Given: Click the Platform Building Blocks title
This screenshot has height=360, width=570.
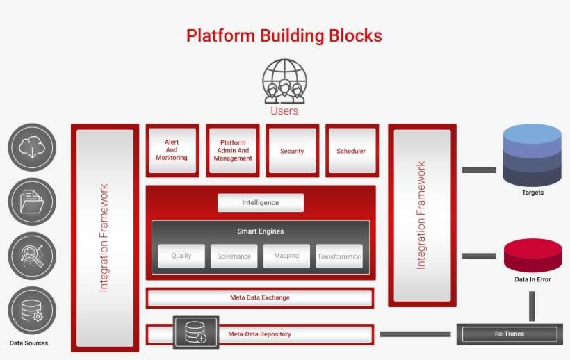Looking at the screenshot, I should [284, 35].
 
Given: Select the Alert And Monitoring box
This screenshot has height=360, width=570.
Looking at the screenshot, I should [172, 151].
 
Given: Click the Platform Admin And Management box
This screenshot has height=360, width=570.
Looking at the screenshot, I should [232, 151].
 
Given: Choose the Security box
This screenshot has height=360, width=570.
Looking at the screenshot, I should [292, 151].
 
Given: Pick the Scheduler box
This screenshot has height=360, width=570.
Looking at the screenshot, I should [351, 151].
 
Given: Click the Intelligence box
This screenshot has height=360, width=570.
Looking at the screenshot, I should [261, 202].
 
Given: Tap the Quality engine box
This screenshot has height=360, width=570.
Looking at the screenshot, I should [181, 256].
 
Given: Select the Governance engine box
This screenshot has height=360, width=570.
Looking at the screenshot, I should [234, 256].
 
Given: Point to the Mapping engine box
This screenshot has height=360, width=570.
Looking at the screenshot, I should [286, 256].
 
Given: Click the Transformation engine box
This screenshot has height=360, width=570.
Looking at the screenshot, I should [339, 256].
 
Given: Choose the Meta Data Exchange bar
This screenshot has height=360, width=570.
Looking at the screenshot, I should [260, 297].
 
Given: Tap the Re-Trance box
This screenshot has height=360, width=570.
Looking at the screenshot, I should [510, 334].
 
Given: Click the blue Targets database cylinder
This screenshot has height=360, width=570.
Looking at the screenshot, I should [532, 156].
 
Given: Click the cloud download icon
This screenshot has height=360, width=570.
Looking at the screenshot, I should [32, 147].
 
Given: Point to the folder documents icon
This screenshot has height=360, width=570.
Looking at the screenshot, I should [32, 201].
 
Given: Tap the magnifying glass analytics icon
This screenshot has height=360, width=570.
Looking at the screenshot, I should [32, 255].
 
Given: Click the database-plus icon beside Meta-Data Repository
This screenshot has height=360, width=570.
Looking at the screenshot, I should [195, 333].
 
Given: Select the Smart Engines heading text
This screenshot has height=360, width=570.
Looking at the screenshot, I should [260, 231].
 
